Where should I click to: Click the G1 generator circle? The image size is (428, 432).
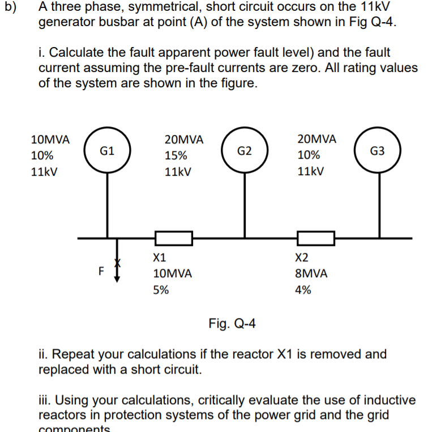(x=107, y=151)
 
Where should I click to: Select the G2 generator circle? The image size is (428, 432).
(x=245, y=151)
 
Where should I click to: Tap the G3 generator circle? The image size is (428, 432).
(x=378, y=151)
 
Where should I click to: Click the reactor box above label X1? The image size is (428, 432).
(x=174, y=239)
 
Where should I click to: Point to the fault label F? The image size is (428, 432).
(x=101, y=270)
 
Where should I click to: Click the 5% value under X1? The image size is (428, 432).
(x=161, y=290)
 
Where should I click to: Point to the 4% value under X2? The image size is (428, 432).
(x=303, y=290)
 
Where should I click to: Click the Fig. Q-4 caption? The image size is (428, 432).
(x=232, y=324)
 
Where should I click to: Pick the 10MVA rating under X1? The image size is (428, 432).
(x=173, y=274)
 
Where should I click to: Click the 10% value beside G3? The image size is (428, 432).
(x=309, y=155)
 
